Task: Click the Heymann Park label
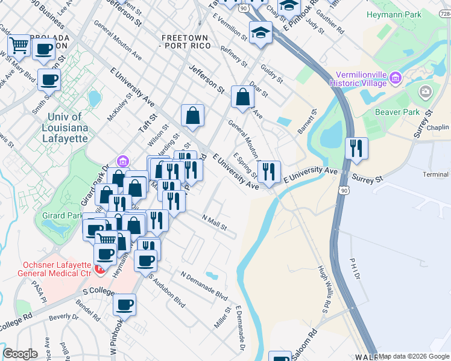click(x=394, y=13)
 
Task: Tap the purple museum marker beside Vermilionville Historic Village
click(x=396, y=77)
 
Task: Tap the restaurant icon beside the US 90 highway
click(x=356, y=148)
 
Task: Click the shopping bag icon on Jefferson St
click(x=242, y=96)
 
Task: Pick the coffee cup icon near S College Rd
click(x=125, y=304)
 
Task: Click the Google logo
click(x=20, y=353)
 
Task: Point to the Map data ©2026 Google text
click(x=414, y=356)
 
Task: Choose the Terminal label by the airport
click(x=436, y=174)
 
